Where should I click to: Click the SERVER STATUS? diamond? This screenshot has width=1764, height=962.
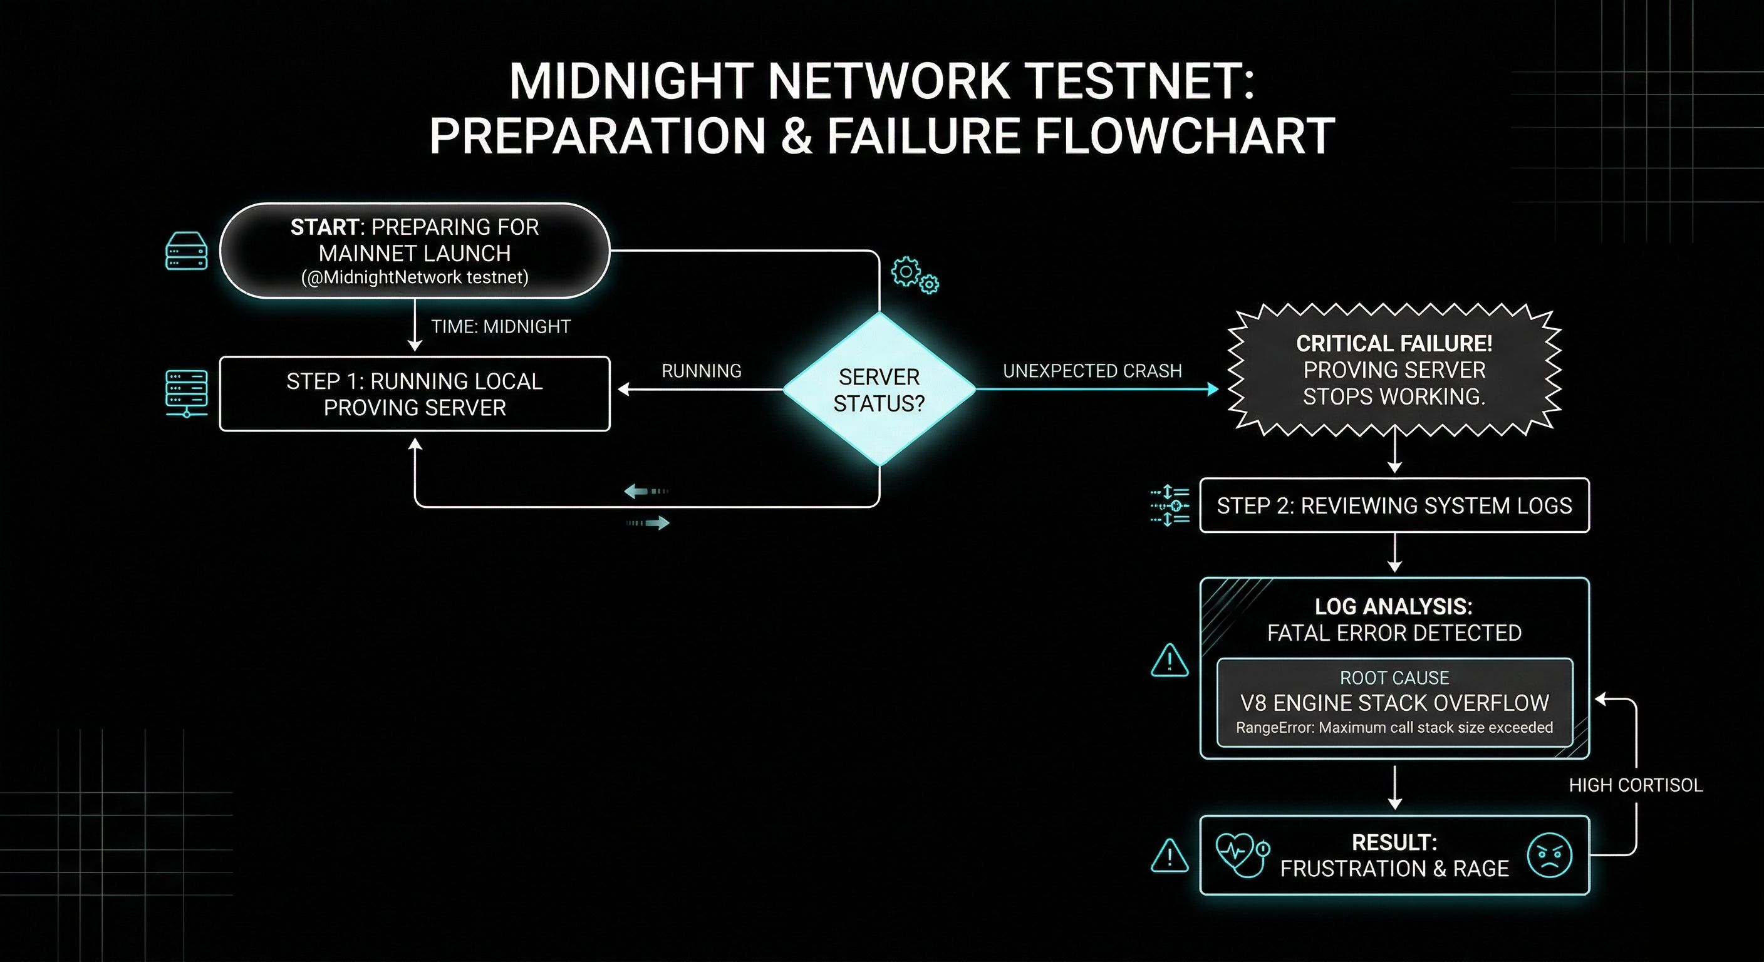(879, 390)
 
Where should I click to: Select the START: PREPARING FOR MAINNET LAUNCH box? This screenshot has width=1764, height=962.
(414, 251)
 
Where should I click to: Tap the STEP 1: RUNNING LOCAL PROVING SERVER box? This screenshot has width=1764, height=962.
(414, 394)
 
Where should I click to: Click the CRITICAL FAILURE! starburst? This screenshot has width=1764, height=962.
(1394, 370)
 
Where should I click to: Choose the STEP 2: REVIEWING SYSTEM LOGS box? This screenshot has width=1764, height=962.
(1394, 505)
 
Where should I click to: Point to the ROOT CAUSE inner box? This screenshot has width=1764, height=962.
(1394, 703)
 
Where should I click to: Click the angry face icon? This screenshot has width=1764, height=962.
(1550, 855)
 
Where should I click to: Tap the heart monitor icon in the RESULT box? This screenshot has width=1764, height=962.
(1241, 854)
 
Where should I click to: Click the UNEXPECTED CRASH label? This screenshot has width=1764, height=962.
(1092, 371)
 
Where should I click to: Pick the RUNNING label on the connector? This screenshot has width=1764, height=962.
(701, 371)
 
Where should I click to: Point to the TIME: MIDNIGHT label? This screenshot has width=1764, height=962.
(501, 326)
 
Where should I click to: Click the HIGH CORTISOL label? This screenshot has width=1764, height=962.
(1635, 785)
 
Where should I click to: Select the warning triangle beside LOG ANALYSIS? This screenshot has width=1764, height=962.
(1170, 661)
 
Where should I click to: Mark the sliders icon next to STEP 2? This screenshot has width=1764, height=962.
(1170, 505)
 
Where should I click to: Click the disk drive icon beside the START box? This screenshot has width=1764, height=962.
(186, 251)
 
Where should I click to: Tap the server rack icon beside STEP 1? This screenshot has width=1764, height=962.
(186, 394)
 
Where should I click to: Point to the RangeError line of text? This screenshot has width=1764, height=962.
(1394, 727)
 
